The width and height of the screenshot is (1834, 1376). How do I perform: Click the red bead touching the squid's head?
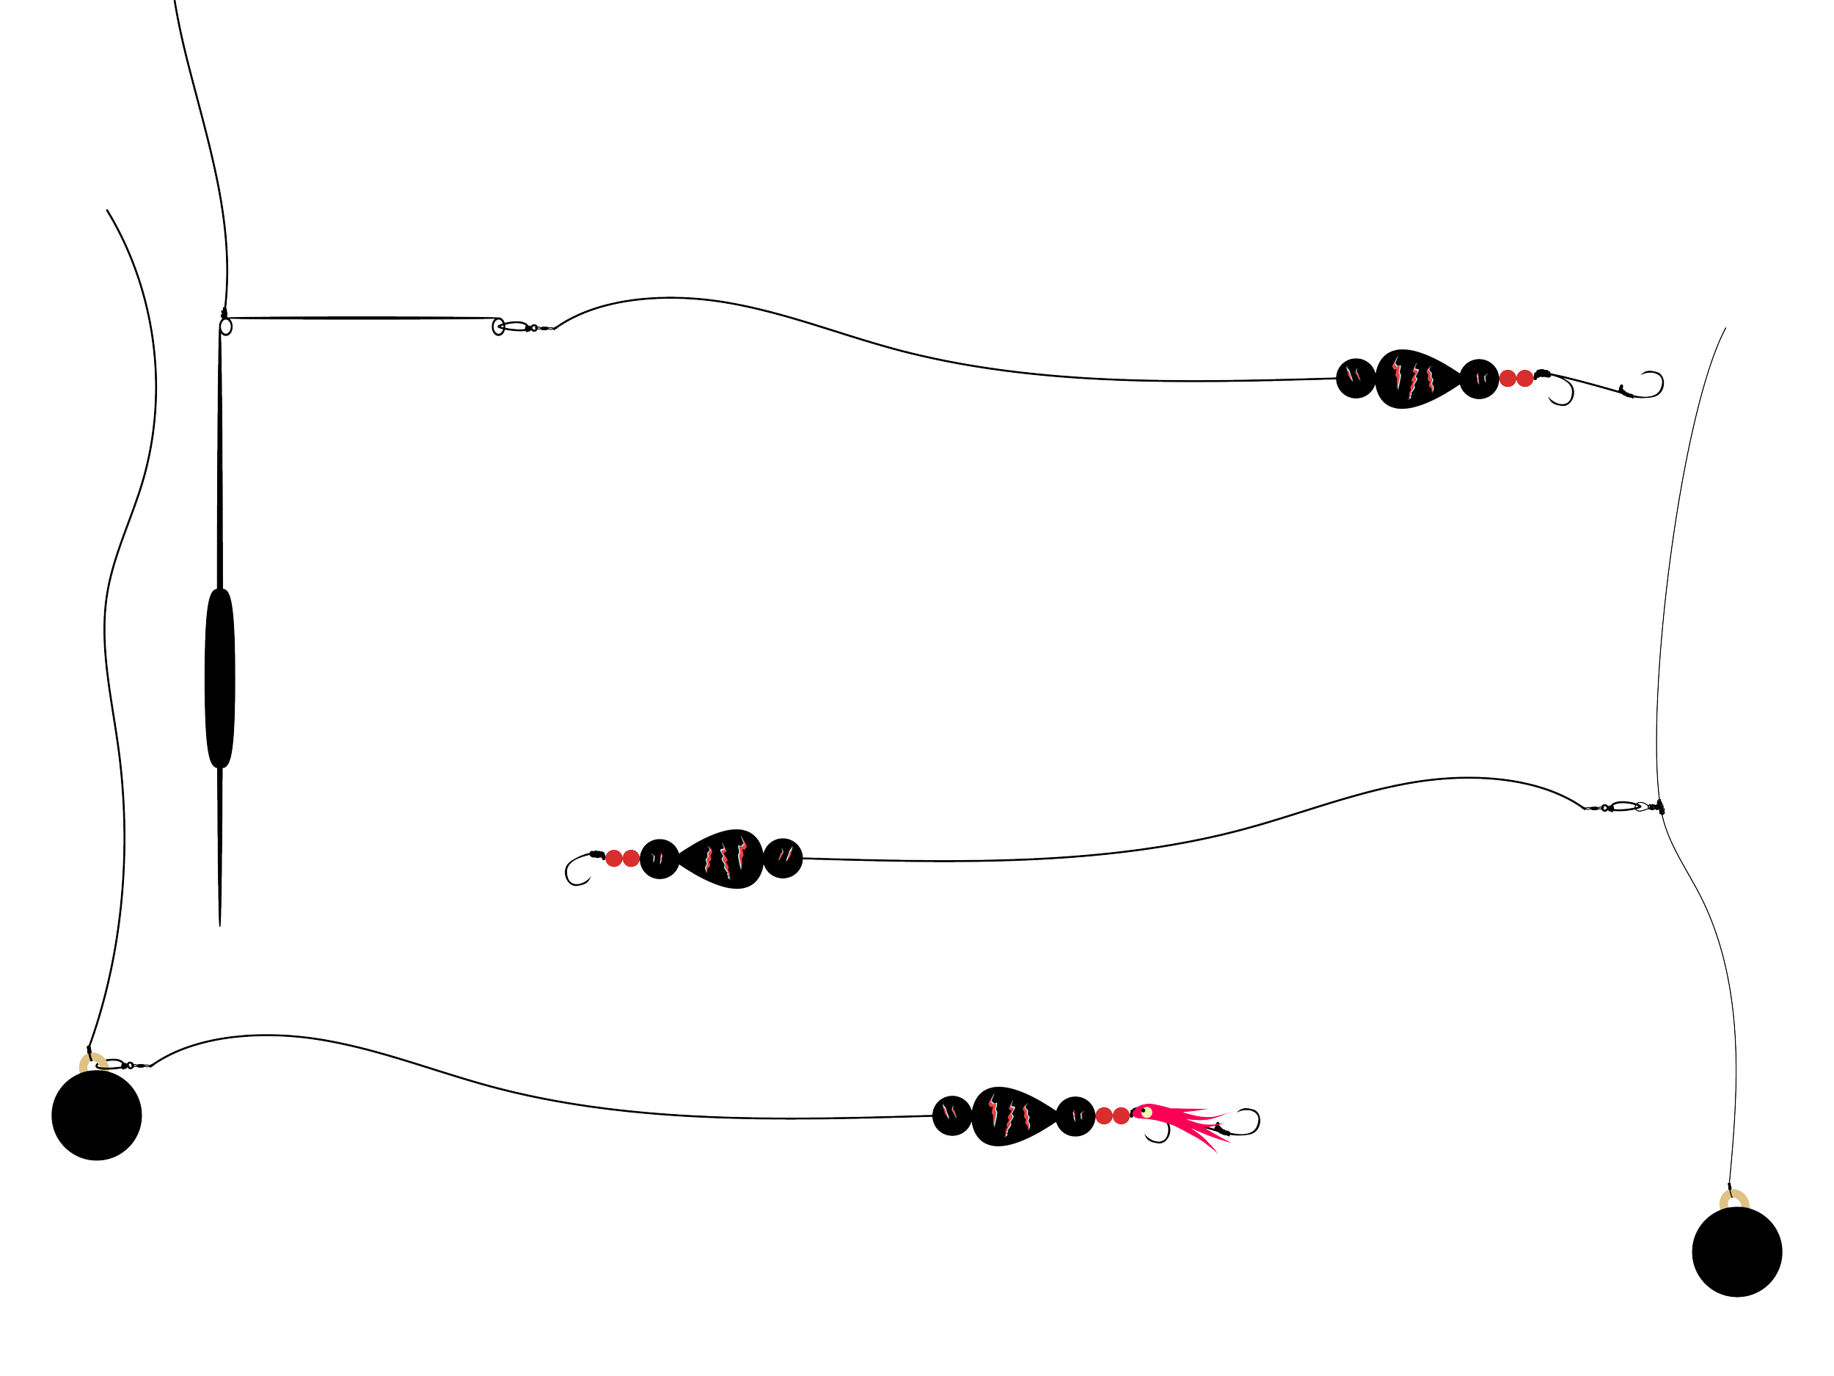click(x=1122, y=1115)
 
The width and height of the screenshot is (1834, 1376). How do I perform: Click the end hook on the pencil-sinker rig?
click(x=1650, y=383)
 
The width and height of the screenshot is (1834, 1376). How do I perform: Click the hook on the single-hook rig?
click(x=577, y=867)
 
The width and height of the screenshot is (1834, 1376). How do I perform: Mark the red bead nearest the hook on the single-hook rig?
click(x=614, y=858)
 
